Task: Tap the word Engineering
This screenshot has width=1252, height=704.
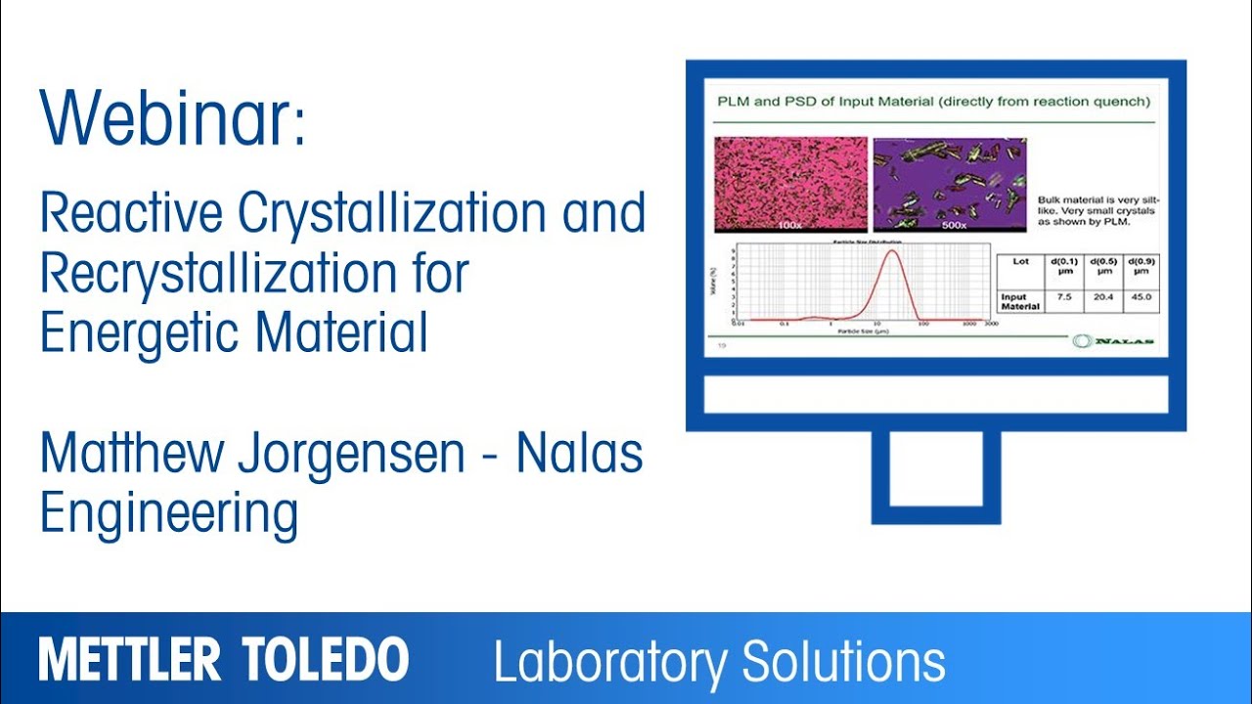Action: (x=168, y=514)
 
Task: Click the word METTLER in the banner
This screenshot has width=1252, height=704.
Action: (x=130, y=661)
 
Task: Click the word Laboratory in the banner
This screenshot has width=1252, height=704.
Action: (x=607, y=662)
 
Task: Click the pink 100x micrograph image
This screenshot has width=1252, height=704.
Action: (x=790, y=185)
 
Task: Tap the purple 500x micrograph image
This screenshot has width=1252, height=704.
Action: (x=949, y=185)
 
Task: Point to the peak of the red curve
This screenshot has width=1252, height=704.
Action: (x=891, y=251)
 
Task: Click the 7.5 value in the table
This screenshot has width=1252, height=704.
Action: (x=1064, y=297)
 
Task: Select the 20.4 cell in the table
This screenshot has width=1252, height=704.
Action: (x=1102, y=297)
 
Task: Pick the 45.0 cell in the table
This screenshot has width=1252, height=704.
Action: (x=1140, y=297)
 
